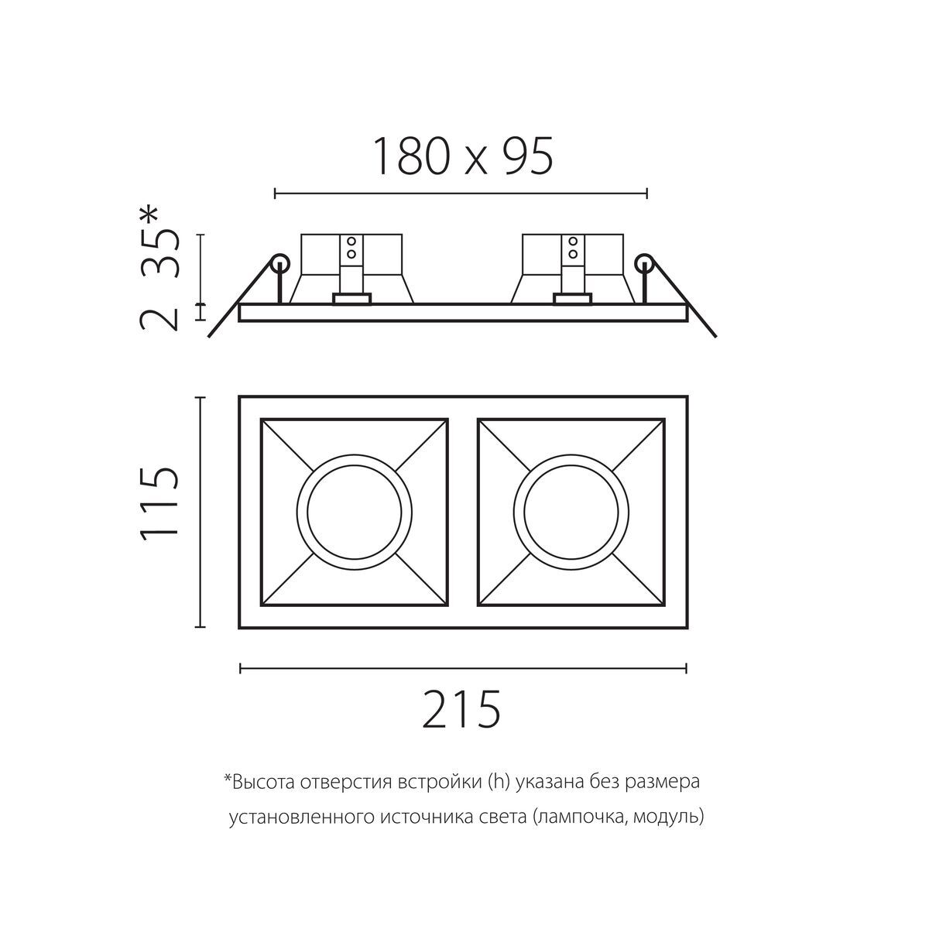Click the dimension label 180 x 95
tap(463, 156)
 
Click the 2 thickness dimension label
tap(159, 317)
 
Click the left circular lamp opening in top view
tap(354, 512)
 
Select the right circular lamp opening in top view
tap(571, 512)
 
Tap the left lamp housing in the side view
tap(351, 267)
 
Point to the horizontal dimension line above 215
tap(463, 666)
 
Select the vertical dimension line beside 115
tap(201, 512)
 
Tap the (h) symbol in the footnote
tap(498, 783)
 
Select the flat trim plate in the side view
tap(463, 313)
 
